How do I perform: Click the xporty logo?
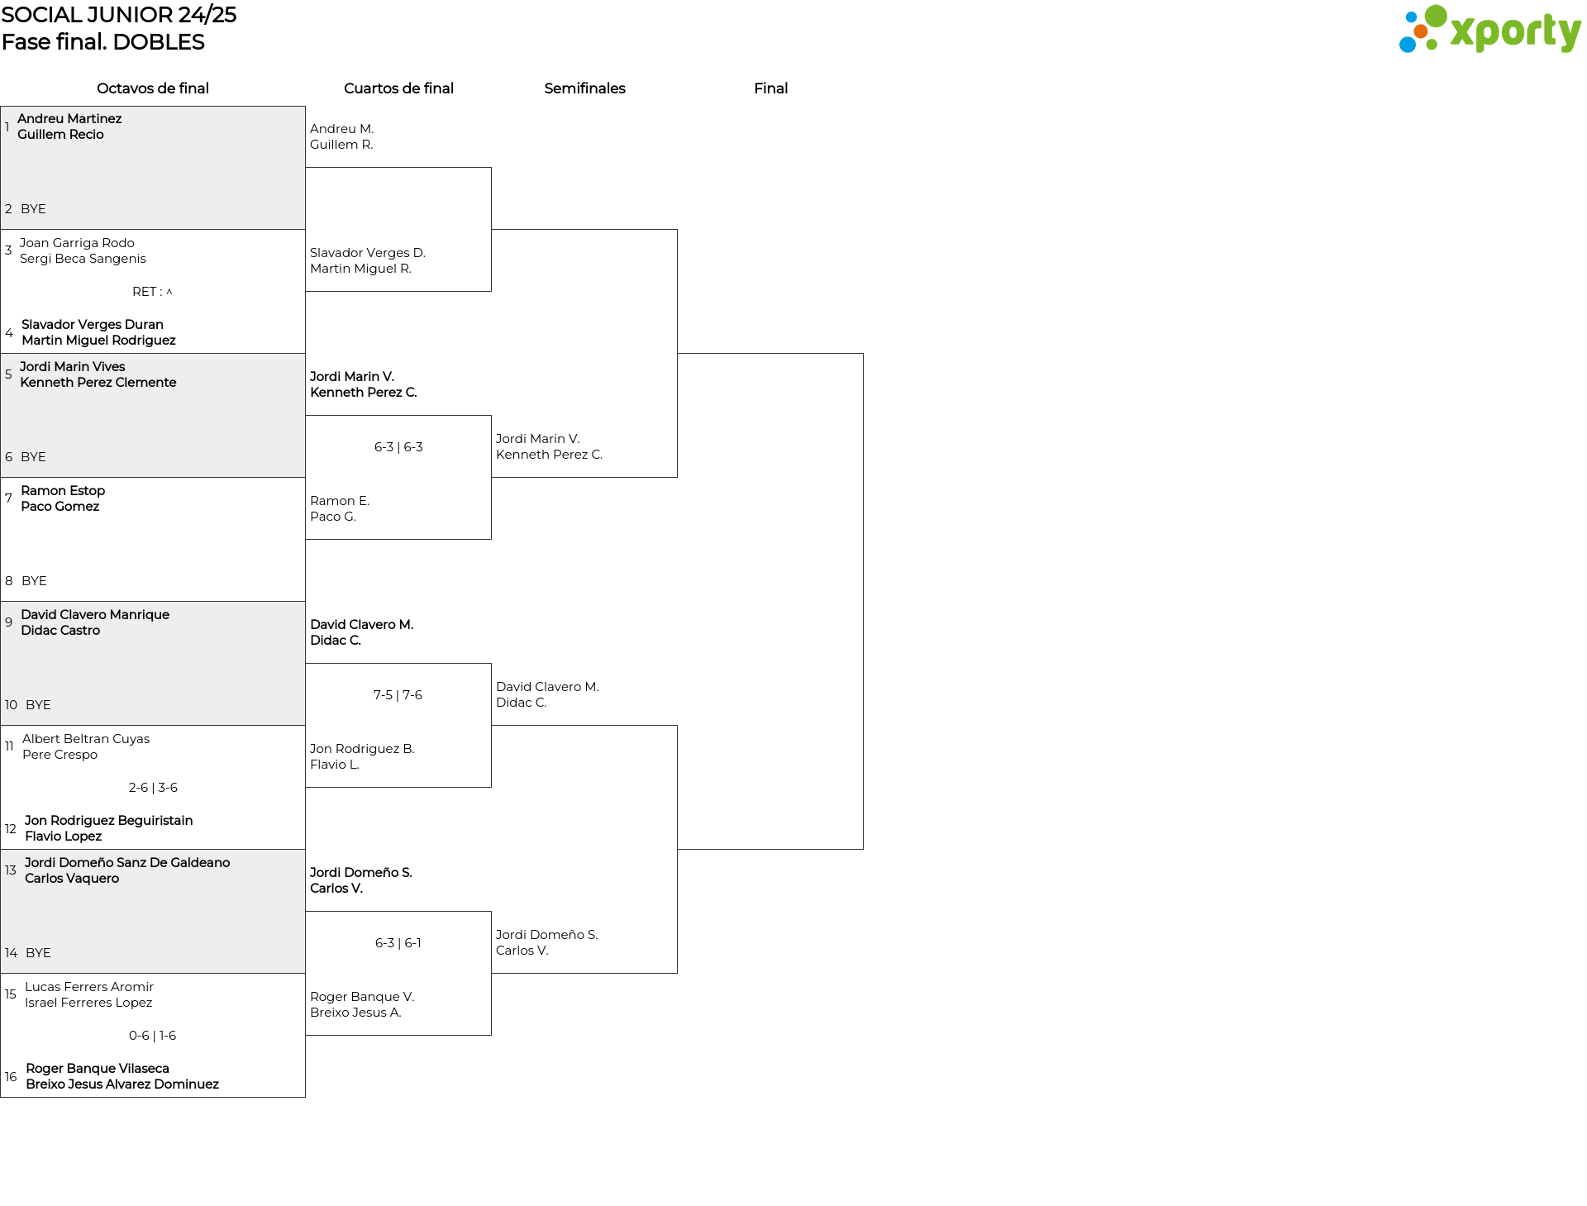pyautogui.click(x=1489, y=29)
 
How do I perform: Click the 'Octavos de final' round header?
pyautogui.click(x=153, y=88)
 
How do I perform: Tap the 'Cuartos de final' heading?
pyautogui.click(x=398, y=88)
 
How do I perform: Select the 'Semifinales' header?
pyautogui.click(x=584, y=88)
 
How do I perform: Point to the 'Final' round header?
pyautogui.click(x=770, y=88)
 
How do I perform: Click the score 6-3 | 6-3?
pyautogui.click(x=398, y=447)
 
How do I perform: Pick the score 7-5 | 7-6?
pyautogui.click(x=398, y=695)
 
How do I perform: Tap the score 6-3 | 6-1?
pyautogui.click(x=398, y=943)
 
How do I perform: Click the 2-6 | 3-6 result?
pyautogui.click(x=153, y=788)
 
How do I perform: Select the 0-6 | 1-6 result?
pyautogui.click(x=153, y=1036)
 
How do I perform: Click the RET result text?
pyautogui.click(x=152, y=292)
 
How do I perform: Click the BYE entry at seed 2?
pyautogui.click(x=33, y=209)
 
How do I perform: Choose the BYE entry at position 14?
pyautogui.click(x=38, y=953)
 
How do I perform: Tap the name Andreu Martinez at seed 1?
pyautogui.click(x=69, y=119)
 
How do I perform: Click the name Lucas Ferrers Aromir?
pyautogui.click(x=89, y=987)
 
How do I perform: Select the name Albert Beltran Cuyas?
pyautogui.click(x=86, y=739)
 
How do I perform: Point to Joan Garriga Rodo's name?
pyautogui.click(x=77, y=243)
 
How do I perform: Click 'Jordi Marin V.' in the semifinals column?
pyautogui.click(x=538, y=439)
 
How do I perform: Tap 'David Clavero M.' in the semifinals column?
pyautogui.click(x=547, y=687)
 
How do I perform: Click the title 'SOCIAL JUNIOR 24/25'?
pyautogui.click(x=119, y=15)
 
